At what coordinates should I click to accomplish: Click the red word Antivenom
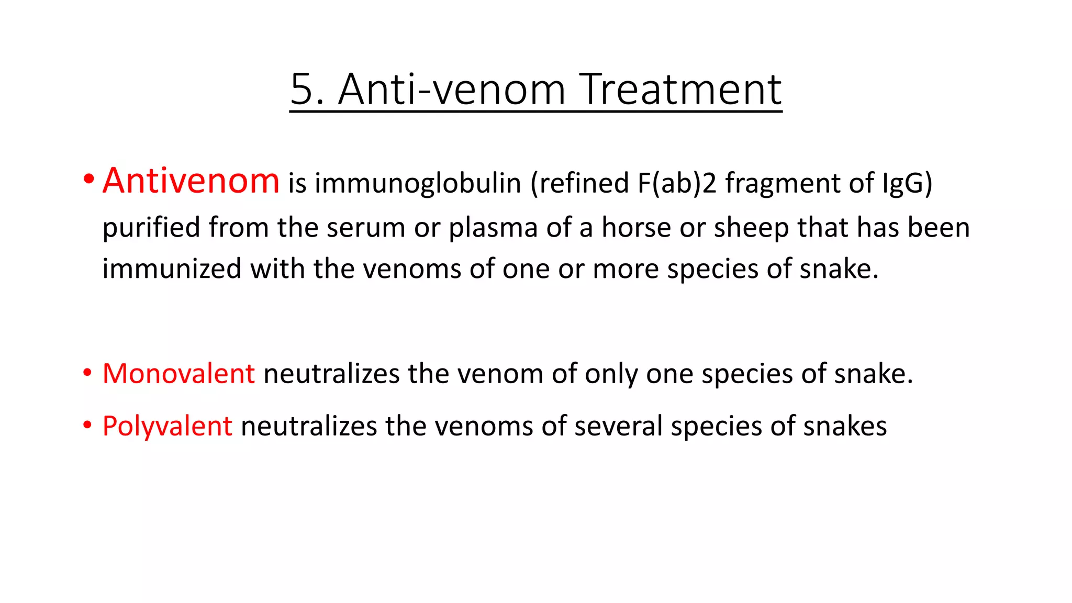pyautogui.click(x=191, y=181)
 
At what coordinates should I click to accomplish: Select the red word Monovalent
pyautogui.click(x=178, y=374)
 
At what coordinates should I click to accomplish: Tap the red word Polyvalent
pyautogui.click(x=167, y=426)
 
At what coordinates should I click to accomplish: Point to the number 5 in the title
pyautogui.click(x=302, y=90)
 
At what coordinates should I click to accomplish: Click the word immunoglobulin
pyautogui.click(x=418, y=183)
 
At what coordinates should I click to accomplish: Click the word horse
pyautogui.click(x=634, y=228)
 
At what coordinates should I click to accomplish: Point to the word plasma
pyautogui.click(x=493, y=228)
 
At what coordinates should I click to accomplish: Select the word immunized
pyautogui.click(x=172, y=269)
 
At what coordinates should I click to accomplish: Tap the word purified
pyautogui.click(x=151, y=228)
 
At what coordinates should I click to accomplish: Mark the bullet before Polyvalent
pyautogui.click(x=87, y=425)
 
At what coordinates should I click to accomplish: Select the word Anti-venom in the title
pyautogui.click(x=452, y=90)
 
